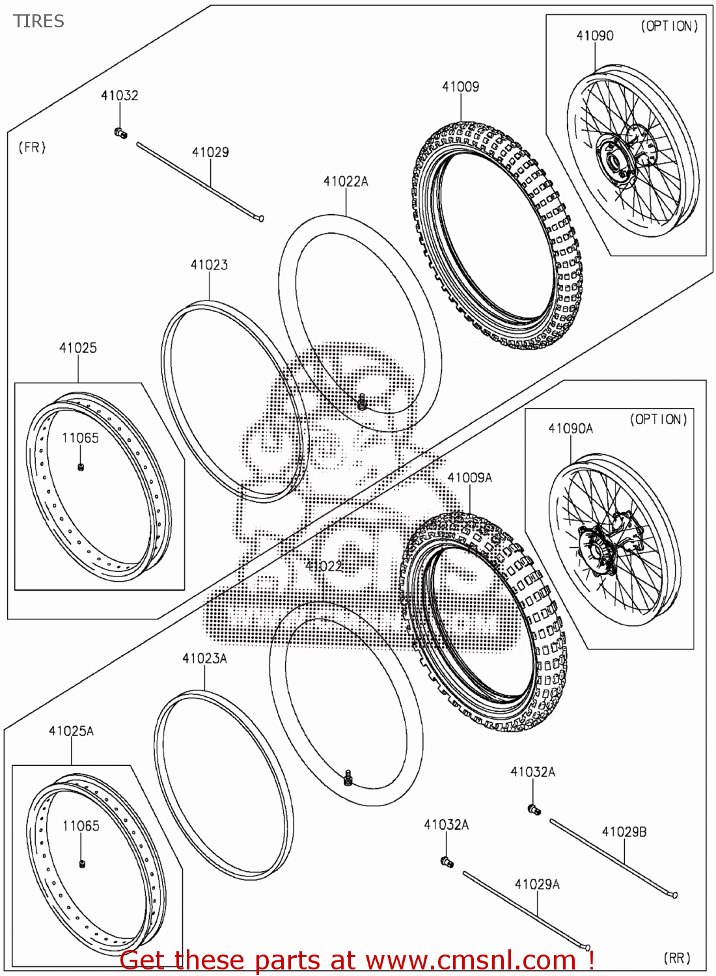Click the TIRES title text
click(38, 21)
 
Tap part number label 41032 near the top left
click(119, 95)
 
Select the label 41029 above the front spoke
click(210, 152)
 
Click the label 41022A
click(346, 182)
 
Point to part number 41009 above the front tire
click(460, 87)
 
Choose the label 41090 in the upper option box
click(594, 36)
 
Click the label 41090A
click(570, 428)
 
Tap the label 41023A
click(204, 658)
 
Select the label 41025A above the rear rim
click(71, 731)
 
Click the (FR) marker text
click(32, 148)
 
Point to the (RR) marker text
click(677, 958)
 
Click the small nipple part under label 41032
click(120, 133)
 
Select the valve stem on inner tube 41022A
click(363, 402)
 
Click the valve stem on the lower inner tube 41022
click(348, 777)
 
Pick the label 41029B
click(624, 832)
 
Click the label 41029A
click(536, 884)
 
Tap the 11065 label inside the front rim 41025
click(80, 438)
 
